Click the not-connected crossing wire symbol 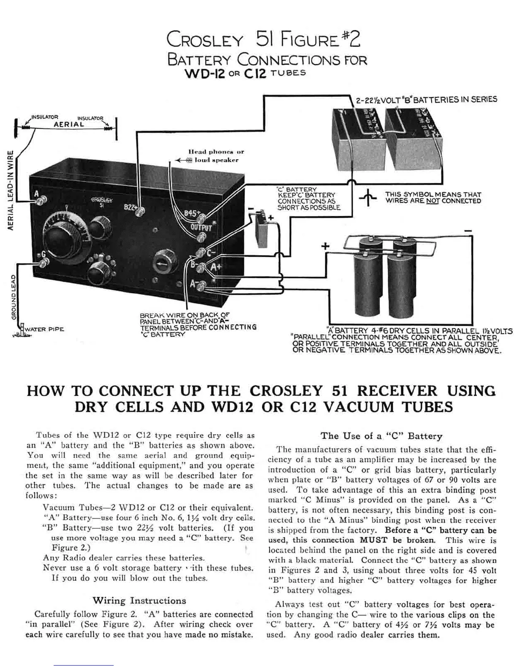click(368, 198)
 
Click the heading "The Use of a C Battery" click(381, 436)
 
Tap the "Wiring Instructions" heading click(139, 600)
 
